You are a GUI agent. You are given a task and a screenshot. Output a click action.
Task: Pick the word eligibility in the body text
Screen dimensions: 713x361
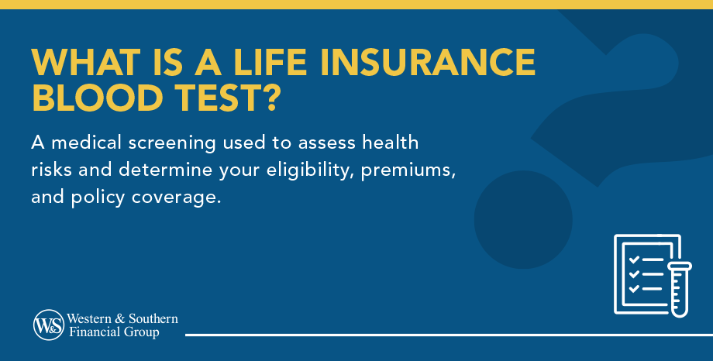310,171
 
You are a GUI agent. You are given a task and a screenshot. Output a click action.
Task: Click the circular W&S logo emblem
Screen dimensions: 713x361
48,325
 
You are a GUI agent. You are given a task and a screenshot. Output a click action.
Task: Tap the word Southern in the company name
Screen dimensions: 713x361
153,318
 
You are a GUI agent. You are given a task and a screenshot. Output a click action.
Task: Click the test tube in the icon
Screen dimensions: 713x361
680,289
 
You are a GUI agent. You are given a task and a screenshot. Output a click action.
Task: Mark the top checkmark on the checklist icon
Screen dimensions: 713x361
634,260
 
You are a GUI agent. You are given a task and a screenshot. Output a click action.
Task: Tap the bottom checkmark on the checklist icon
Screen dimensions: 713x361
634,288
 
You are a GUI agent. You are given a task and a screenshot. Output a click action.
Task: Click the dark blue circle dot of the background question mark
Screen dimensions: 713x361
523,219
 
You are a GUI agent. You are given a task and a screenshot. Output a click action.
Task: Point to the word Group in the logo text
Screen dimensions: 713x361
143,332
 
